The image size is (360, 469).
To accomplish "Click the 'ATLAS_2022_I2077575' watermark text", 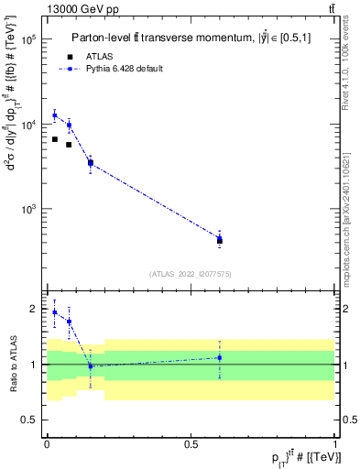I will (x=191, y=273).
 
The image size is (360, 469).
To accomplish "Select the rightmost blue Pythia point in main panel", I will (x=220, y=237).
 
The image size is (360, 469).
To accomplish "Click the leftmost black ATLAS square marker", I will (x=55, y=139).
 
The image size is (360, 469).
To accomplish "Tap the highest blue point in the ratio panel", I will (x=55, y=312).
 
